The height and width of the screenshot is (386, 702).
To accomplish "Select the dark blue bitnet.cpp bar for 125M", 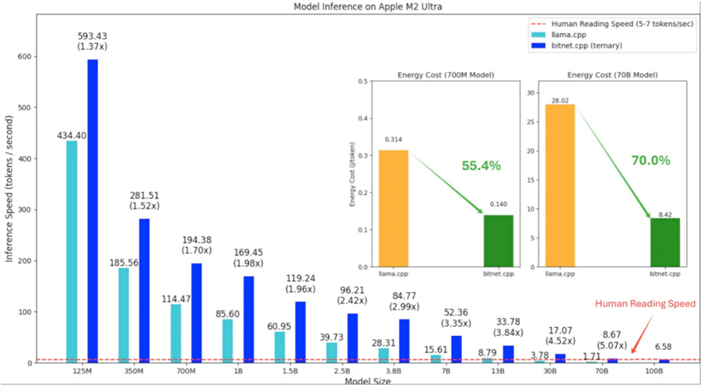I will pyautogui.click(x=93, y=211).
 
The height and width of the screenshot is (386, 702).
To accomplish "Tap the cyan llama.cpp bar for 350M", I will pyautogui.click(x=124, y=315).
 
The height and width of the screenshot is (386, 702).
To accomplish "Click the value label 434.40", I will pyautogui.click(x=72, y=135).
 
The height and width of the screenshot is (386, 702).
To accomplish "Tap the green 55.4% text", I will pyautogui.click(x=481, y=166).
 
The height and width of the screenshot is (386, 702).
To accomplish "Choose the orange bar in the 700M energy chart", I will pyautogui.click(x=393, y=208).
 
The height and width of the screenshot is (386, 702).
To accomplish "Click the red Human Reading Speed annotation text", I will pyautogui.click(x=645, y=304).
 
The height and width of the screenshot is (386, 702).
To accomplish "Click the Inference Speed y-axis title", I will pyautogui.click(x=10, y=203).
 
